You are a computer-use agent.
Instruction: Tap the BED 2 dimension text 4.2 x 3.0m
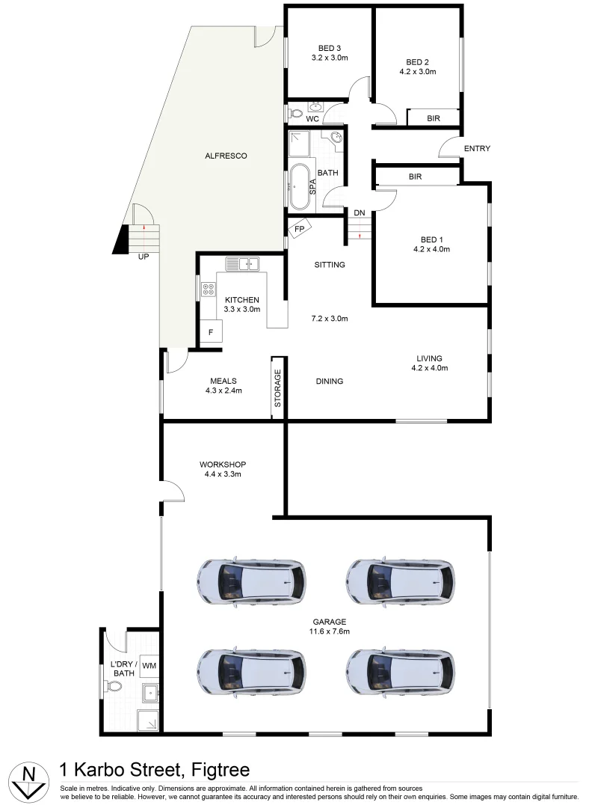coord(418,72)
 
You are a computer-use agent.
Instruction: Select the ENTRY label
coord(477,149)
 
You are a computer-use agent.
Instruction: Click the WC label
coord(312,119)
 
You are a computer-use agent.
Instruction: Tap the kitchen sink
coord(242,263)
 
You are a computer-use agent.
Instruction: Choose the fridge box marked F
coord(211,331)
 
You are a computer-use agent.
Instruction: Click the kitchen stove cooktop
coord(208,290)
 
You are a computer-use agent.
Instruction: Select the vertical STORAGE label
coord(278,388)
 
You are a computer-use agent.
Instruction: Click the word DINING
coord(329,382)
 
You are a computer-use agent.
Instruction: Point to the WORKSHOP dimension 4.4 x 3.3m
coord(223,474)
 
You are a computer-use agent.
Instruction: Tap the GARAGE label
coord(330,622)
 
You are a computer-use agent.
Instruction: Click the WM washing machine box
coord(149,665)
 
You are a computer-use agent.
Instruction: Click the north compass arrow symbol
coord(28,780)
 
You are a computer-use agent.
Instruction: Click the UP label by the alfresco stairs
coord(142,257)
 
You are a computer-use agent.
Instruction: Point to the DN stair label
coord(360,213)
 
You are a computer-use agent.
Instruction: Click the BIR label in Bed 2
coord(433,118)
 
